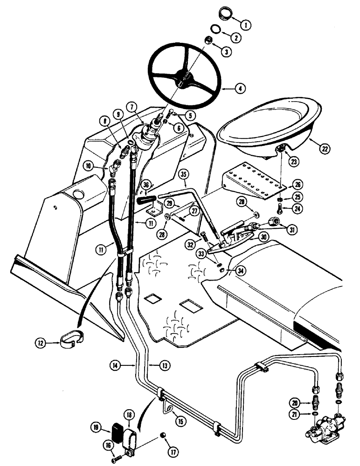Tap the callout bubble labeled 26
click(x=295, y=183)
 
